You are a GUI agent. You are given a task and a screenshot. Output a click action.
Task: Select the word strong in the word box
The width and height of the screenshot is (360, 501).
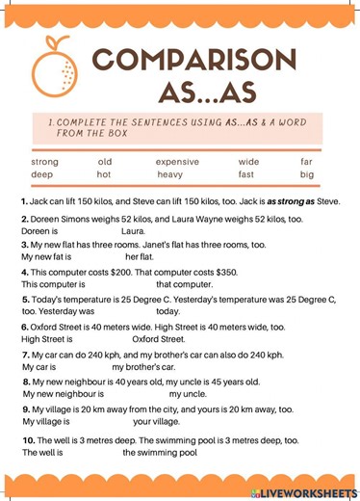tap(45, 162)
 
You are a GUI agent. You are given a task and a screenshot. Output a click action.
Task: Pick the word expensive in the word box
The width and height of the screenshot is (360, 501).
tap(177, 162)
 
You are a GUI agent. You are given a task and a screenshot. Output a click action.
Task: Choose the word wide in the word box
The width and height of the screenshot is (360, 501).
tap(248, 162)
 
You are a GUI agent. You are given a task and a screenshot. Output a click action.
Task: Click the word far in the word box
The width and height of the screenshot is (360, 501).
tap(306, 162)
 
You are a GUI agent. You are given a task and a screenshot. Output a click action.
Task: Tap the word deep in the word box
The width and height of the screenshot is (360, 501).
tap(43, 175)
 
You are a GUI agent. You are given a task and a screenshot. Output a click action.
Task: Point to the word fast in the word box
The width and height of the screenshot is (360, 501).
tap(246, 175)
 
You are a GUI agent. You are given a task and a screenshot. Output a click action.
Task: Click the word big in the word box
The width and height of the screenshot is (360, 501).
tap(306, 175)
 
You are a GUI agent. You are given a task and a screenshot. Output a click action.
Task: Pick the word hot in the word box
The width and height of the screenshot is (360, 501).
tap(104, 175)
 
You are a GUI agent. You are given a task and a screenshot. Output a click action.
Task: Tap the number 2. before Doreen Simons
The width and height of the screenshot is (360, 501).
tap(25, 220)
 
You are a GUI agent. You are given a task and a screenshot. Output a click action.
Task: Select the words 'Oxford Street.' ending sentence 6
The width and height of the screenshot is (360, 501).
tap(159, 339)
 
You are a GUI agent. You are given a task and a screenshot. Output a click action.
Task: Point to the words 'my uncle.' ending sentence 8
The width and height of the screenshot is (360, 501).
tap(188, 394)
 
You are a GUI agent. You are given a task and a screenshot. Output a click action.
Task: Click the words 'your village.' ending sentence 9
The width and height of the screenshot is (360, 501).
tap(156, 421)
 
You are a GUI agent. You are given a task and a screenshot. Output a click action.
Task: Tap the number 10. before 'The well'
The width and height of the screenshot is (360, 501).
tap(29, 440)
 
